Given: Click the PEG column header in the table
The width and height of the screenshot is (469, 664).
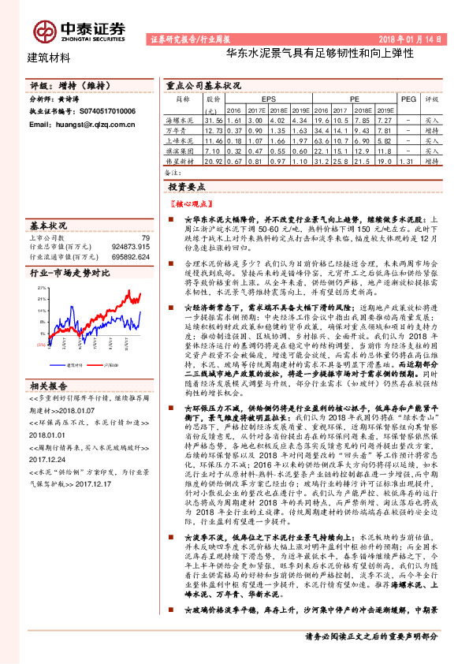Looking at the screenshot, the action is coord(408,100).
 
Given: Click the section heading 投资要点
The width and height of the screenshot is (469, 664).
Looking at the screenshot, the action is coord(187,186).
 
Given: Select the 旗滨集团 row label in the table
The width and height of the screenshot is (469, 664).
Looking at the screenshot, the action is coord(183,149).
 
